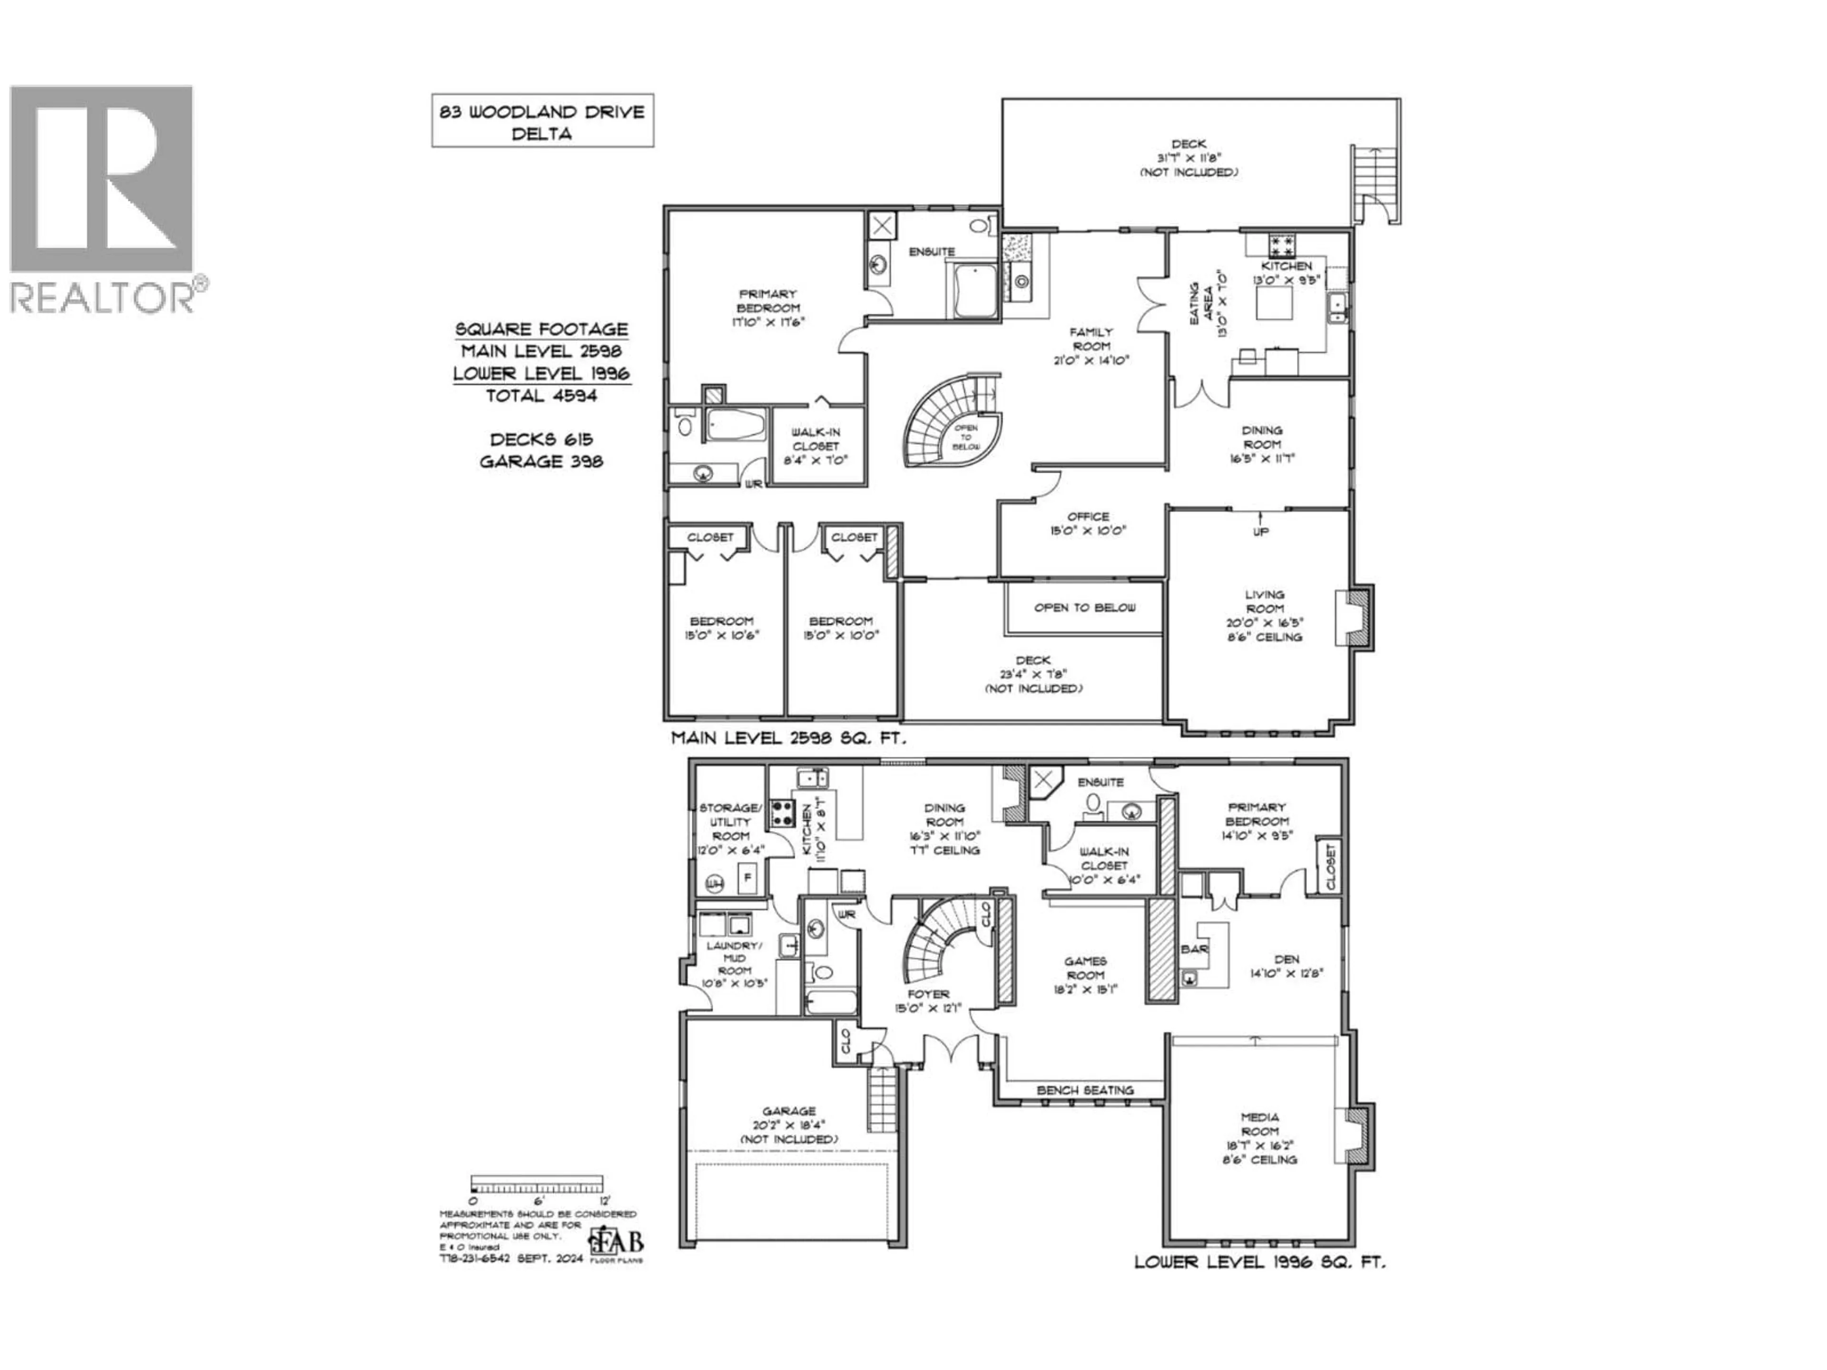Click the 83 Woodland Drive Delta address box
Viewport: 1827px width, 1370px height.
pos(542,120)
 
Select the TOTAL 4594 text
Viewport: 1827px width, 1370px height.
pos(542,396)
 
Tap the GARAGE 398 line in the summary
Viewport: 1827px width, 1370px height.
pos(542,461)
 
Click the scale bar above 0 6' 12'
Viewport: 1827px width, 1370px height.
pos(537,1184)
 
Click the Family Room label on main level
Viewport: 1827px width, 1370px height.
pos(1091,346)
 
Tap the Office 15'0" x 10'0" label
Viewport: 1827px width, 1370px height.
pos(1088,524)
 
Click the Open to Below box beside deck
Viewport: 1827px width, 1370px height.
pos(1084,608)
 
